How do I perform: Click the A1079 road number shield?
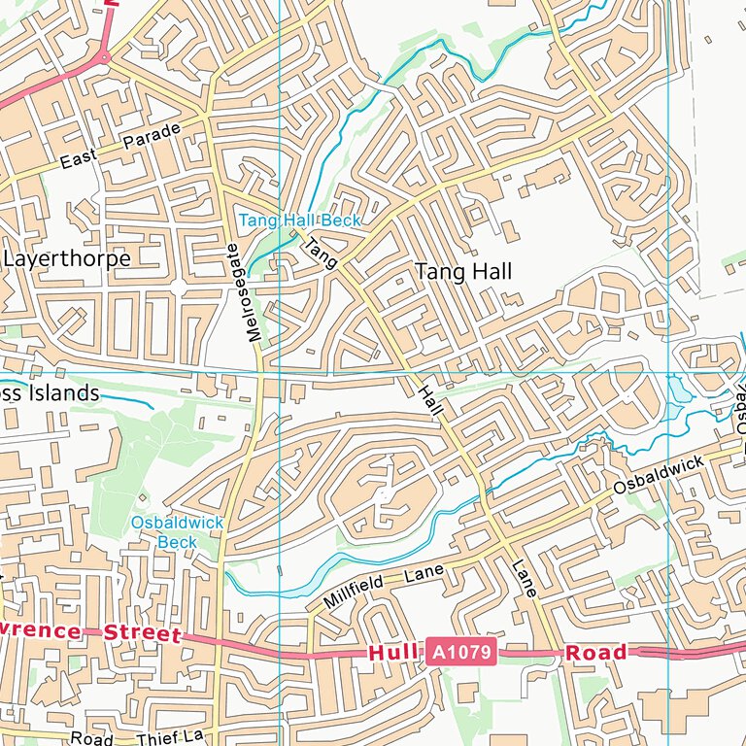(460, 653)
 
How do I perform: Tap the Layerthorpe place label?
(67, 258)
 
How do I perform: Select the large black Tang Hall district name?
(463, 272)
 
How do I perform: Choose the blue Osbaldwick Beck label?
(178, 532)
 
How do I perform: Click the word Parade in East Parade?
(153, 138)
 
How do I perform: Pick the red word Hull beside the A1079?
(392, 653)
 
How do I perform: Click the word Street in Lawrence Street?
(143, 634)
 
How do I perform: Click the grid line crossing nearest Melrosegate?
(279, 371)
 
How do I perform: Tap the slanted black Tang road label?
(322, 254)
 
